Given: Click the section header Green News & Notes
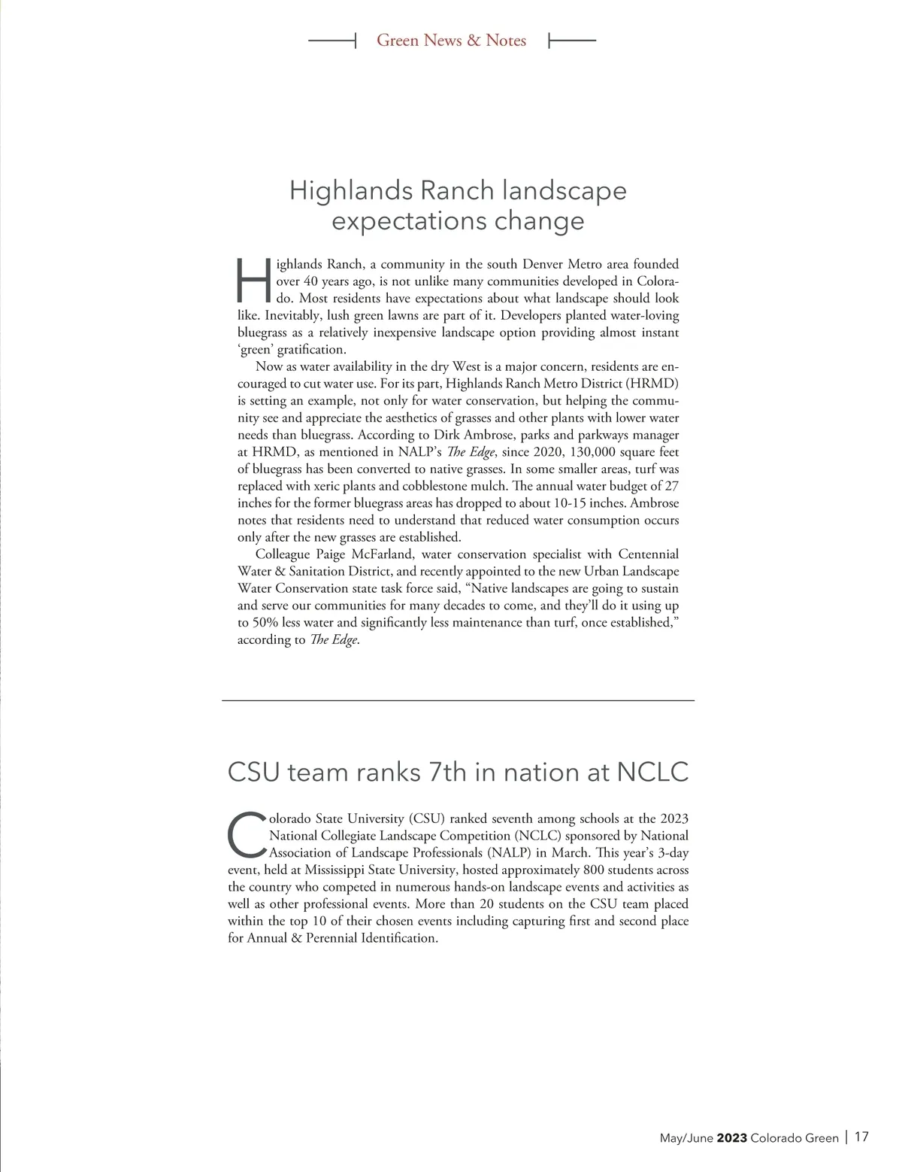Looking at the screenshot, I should point(451,41).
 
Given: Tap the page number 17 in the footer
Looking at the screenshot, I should point(861,1137).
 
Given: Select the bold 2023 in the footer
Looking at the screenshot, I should point(731,1138).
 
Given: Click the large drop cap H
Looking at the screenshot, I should point(253,281).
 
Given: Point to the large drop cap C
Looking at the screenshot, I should point(245,834).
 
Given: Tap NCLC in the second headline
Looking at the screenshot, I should point(652,773).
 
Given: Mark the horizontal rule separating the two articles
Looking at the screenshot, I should point(458,701).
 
